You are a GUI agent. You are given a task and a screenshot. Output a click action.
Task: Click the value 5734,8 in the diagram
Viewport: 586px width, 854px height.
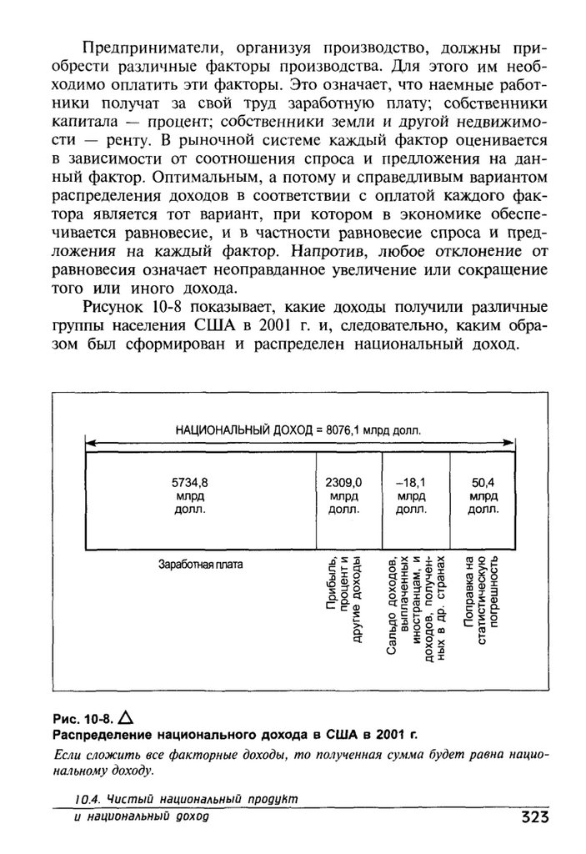pyautogui.click(x=189, y=482)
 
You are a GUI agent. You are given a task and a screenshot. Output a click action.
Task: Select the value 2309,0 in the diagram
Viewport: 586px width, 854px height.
pyautogui.click(x=343, y=482)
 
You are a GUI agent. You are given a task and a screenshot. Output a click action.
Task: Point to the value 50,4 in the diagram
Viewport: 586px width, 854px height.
pyautogui.click(x=482, y=482)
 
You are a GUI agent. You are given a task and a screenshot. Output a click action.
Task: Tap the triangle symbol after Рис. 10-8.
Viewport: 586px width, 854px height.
pyautogui.click(x=127, y=716)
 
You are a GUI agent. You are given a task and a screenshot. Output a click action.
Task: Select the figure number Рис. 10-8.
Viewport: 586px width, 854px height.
pyautogui.click(x=83, y=718)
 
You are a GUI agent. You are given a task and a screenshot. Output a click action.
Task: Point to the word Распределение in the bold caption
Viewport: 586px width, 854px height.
pyautogui.click(x=102, y=735)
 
